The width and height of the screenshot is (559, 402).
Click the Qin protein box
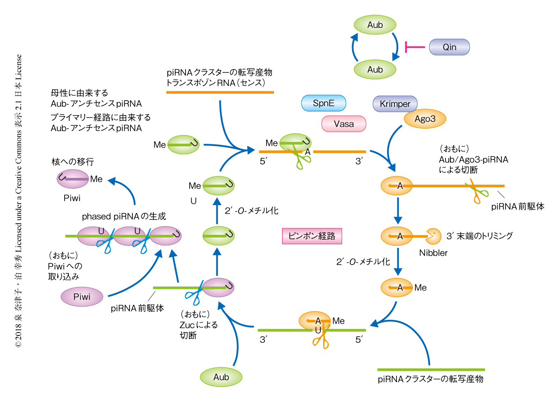tap(449, 47)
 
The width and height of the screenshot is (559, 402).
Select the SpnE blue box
tap(324, 103)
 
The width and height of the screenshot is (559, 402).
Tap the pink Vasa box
tap(343, 124)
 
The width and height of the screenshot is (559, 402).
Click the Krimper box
tap(395, 104)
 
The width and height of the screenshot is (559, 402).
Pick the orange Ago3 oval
tap(425, 119)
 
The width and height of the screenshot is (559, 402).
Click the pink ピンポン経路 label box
tap(312, 236)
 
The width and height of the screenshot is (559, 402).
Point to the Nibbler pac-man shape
tap(433, 236)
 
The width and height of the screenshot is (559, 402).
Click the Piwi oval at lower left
tap(82, 297)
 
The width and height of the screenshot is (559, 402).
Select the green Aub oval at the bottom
tap(221, 377)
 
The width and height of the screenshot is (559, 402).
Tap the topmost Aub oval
tap(375, 25)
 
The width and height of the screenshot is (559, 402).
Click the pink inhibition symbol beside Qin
tap(414, 47)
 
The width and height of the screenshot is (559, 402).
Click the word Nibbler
tap(433, 253)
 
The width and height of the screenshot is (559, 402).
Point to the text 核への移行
tap(73, 162)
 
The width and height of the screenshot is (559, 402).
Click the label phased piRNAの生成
tap(124, 217)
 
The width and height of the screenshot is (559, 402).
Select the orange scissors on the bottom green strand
tap(321, 340)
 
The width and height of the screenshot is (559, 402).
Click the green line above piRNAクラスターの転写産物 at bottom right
tap(431, 370)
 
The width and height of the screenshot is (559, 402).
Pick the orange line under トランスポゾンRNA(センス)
tap(220, 92)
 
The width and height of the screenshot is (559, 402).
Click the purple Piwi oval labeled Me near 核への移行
tap(73, 179)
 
